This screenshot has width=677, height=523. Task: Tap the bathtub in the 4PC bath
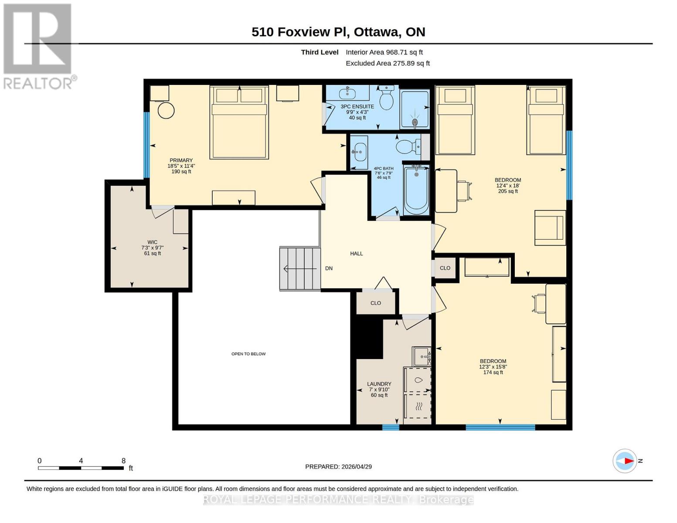[416, 190]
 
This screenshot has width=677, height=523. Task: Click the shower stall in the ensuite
[414, 109]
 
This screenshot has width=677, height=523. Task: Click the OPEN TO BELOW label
[248, 354]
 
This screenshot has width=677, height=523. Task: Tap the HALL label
[356, 254]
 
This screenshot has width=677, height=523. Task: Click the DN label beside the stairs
[329, 268]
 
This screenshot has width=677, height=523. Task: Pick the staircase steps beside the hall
[299, 268]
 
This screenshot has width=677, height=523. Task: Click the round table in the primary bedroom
[166, 110]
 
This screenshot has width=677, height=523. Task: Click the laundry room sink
[422, 357]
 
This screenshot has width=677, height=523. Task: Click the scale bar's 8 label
[123, 461]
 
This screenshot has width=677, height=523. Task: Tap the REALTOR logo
[38, 46]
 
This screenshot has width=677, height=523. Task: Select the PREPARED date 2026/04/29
[338, 467]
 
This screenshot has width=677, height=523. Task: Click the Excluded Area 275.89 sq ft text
[388, 63]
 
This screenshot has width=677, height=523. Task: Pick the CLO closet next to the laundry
[375, 303]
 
